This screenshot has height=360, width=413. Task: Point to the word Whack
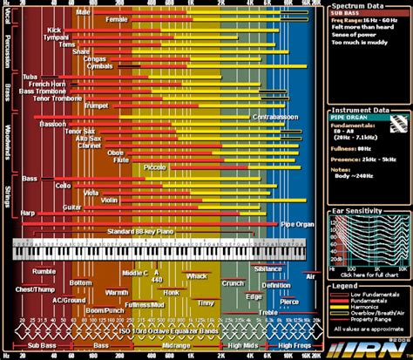(196, 276)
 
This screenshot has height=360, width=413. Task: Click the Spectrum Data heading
(355, 6)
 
